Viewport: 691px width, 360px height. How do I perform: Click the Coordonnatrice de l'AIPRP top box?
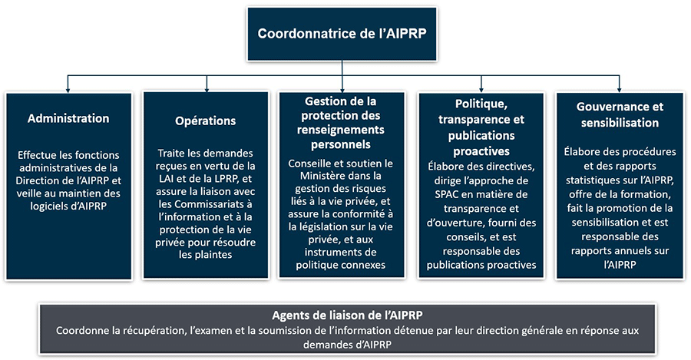click(342, 35)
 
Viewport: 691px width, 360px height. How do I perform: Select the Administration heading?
click(68, 118)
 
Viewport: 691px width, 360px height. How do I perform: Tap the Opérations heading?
click(205, 121)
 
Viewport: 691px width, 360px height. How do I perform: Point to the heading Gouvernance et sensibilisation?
click(620, 114)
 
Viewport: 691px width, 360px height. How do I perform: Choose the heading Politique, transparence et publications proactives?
click(481, 127)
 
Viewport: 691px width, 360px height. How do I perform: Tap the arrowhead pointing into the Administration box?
click(68, 87)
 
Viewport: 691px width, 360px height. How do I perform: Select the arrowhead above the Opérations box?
click(205, 87)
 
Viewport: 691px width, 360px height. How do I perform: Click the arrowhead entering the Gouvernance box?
click(620, 87)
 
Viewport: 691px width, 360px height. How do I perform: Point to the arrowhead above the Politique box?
click(481, 87)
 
